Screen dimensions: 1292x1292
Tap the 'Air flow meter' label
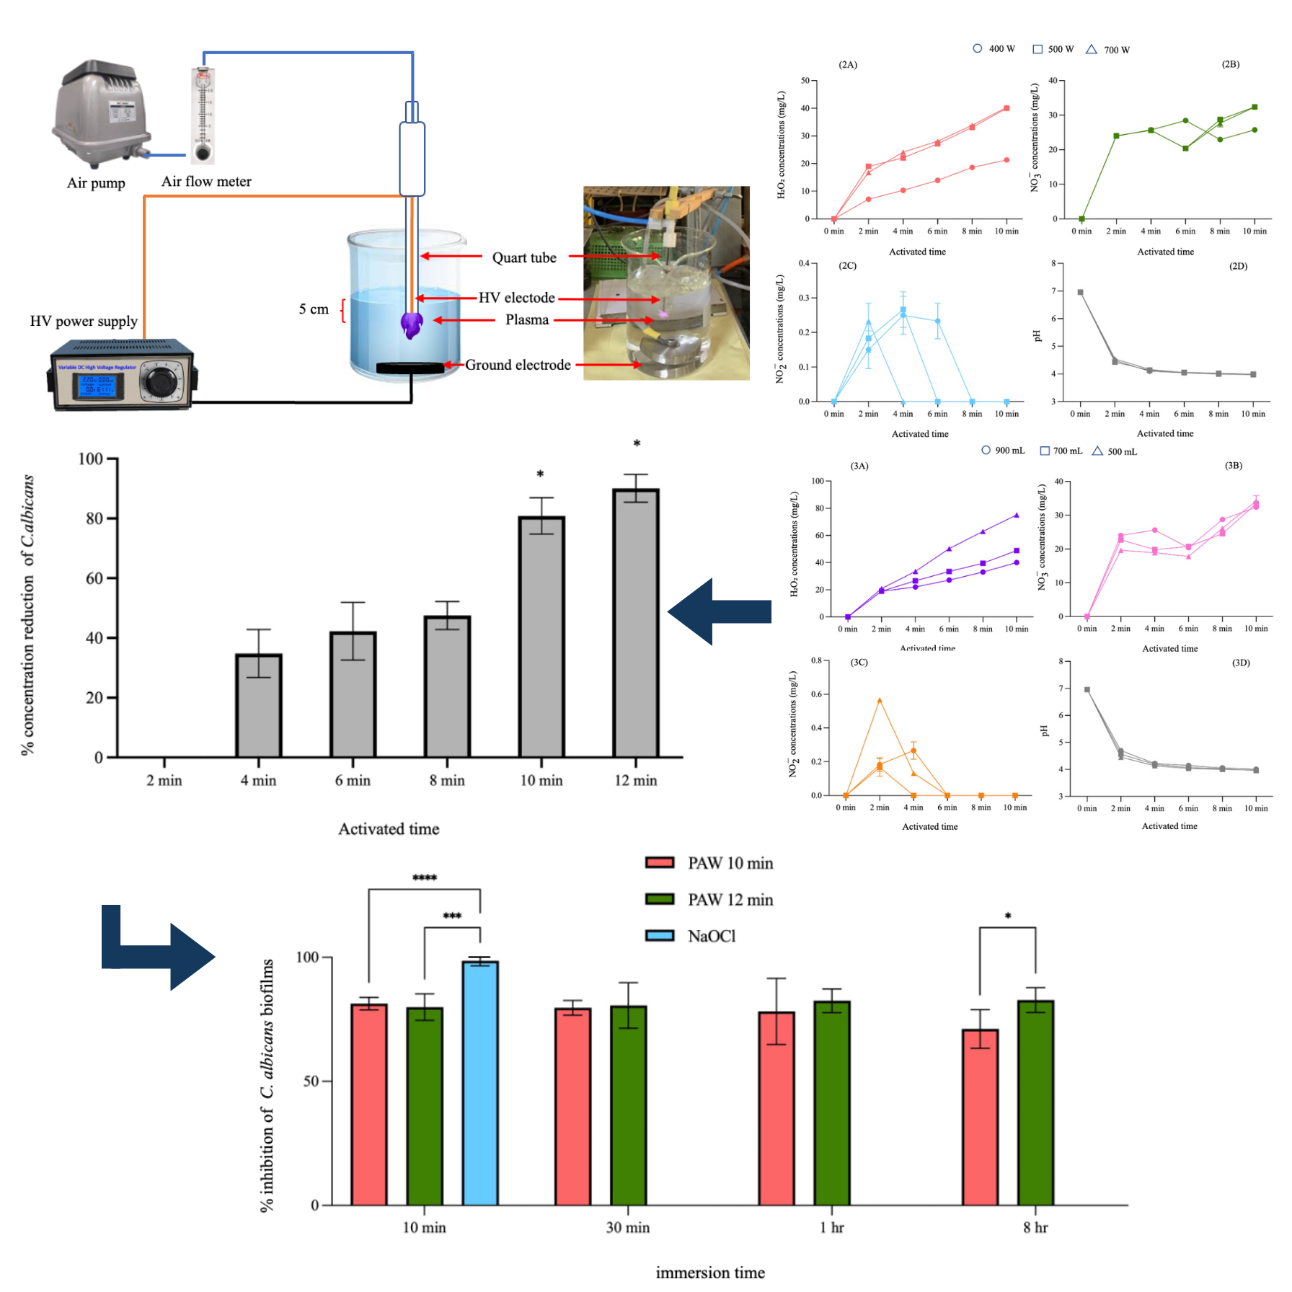[x=206, y=182]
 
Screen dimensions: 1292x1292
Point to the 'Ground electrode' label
[x=518, y=365]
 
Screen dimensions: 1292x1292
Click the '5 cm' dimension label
[x=314, y=309]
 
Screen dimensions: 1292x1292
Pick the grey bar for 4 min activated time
[x=259, y=705]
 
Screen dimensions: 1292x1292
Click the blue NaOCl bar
[x=480, y=1081]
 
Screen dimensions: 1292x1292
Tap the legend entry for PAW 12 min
[x=730, y=900]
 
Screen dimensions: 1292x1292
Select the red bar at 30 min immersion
[x=572, y=1106]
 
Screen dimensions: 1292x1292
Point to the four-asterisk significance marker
[x=425, y=877]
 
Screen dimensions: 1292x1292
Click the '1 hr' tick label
[x=831, y=1227]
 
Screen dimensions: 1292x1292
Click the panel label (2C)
[x=847, y=265]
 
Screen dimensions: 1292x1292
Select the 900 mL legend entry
[x=1003, y=451]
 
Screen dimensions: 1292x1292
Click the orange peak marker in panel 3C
[x=879, y=700]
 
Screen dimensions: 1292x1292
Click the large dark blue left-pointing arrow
[x=719, y=611]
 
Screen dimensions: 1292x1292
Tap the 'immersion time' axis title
[x=710, y=1273]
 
